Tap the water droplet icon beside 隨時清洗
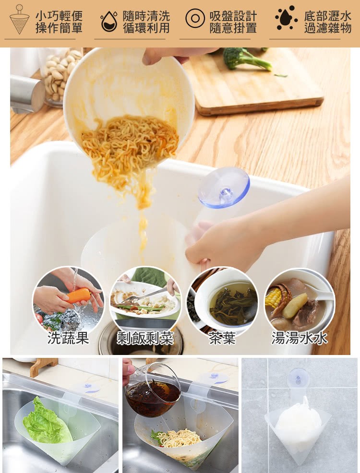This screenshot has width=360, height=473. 109,22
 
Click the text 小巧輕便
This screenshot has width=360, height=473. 59,15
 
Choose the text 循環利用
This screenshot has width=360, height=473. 146,28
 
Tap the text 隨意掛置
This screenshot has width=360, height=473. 233,28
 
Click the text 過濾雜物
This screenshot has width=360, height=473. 328,28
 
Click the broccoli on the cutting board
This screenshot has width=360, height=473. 242,58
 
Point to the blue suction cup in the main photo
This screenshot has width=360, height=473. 224,188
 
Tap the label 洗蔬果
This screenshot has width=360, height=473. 68,338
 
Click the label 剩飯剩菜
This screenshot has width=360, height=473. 145,338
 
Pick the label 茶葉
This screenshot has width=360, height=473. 222,338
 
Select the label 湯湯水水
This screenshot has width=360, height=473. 300,338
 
